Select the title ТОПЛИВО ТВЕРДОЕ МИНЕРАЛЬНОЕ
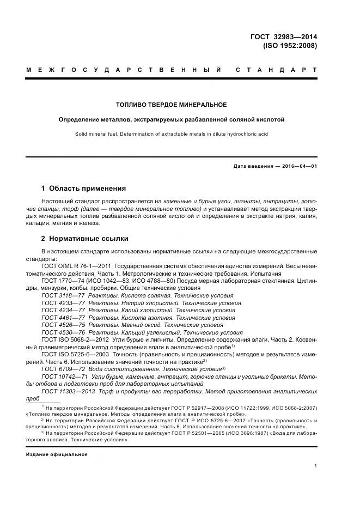click(172, 105)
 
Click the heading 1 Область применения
click(83, 189)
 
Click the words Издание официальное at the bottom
click(57, 454)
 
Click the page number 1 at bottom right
click(316, 466)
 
